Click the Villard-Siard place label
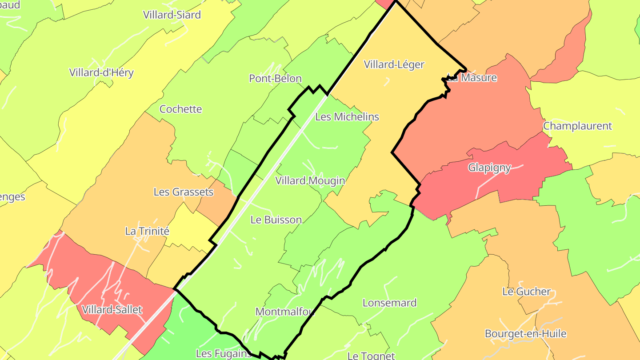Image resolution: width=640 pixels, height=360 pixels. point(172,15)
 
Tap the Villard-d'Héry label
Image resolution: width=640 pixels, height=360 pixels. point(101,72)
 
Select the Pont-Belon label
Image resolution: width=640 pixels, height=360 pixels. point(275,79)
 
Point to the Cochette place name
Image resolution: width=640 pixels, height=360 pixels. point(180,109)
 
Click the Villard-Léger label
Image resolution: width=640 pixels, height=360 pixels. point(394,64)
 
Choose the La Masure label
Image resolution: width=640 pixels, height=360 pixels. point(472,78)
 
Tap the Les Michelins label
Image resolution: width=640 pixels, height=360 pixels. point(347,117)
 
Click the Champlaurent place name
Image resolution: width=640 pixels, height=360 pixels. point(577,126)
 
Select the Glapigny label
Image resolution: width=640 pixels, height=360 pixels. point(489,168)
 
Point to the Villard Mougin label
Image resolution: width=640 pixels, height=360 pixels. point(310,180)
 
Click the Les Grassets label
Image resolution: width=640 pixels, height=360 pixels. point(184,192)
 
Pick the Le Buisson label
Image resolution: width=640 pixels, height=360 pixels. point(276,220)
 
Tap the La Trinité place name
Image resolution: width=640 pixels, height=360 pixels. point(147,231)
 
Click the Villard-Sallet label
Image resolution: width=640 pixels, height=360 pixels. point(112,309)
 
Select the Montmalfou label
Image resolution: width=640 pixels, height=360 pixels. point(285,312)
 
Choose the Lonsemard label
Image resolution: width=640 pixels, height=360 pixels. point(390,303)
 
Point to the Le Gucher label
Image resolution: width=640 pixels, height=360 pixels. point(527,292)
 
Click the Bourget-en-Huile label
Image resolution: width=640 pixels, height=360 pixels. point(526,333)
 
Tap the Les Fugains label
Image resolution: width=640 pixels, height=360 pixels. point(224,354)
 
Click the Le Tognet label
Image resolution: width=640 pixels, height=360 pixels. point(371,356)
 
